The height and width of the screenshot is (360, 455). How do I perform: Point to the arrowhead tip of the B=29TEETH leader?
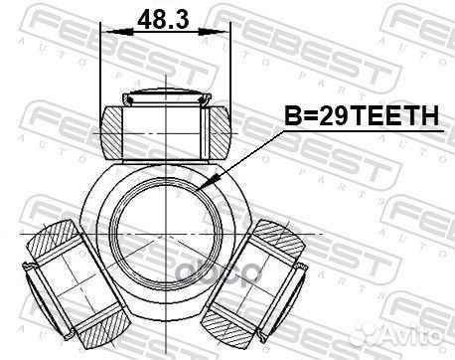pyautogui.click(x=203, y=186)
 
